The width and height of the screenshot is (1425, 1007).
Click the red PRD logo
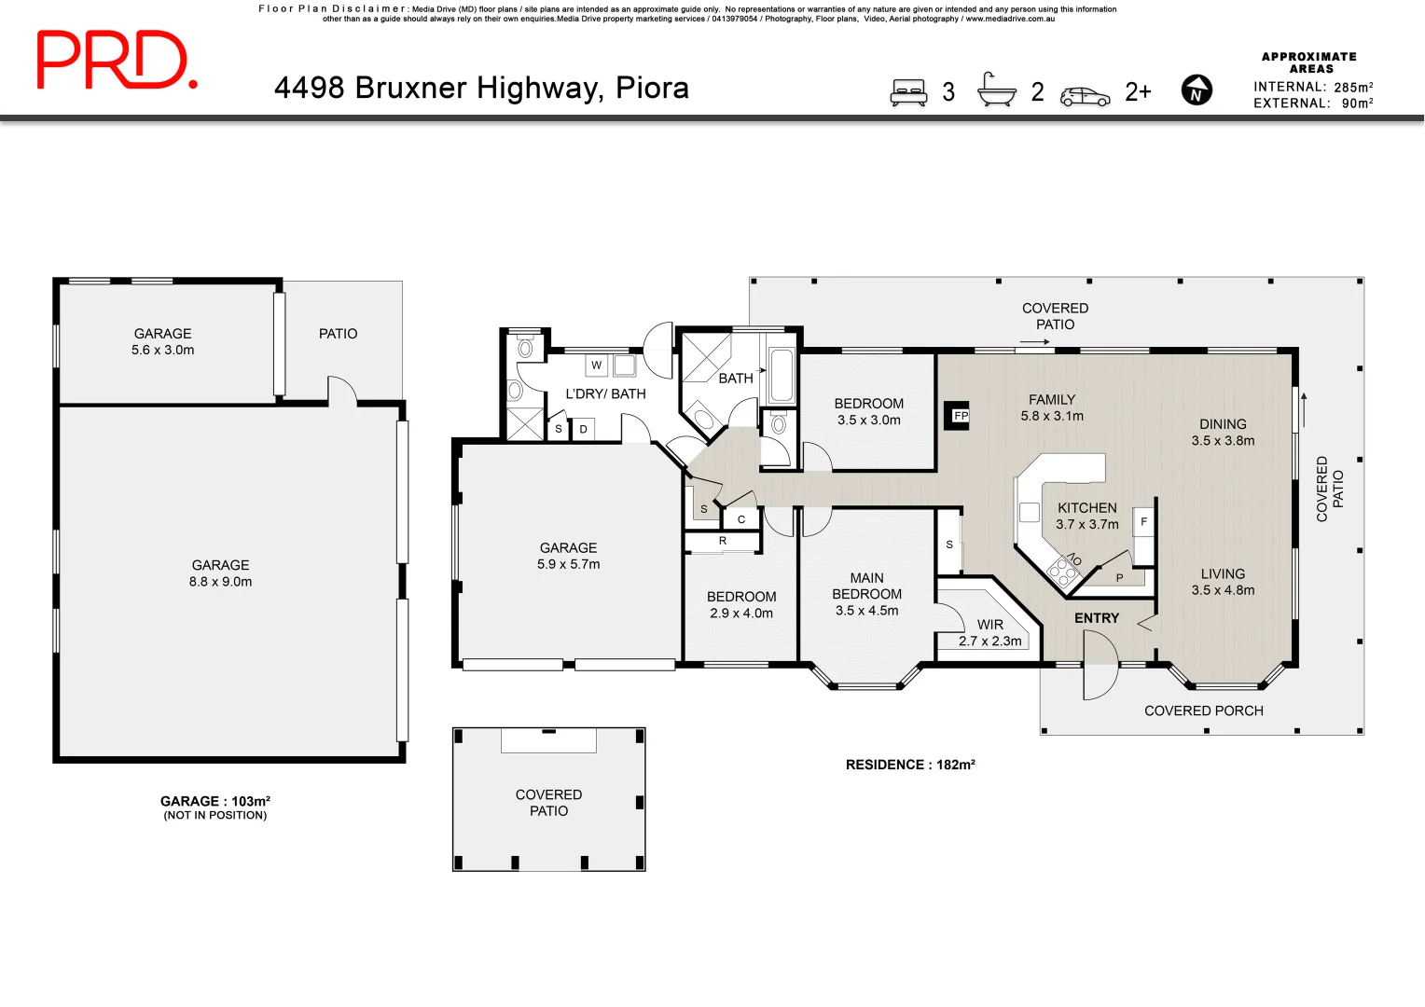pos(116,60)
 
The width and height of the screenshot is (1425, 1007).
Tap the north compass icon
pos(1197,90)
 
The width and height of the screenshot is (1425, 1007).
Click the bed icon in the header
pos(908,92)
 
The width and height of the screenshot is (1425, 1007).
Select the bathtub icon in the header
pos(996,90)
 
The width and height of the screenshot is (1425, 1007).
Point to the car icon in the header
pos(1085,96)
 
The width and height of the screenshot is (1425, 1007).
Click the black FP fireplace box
pos(959,416)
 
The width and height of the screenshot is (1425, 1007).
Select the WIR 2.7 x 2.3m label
pos(989,633)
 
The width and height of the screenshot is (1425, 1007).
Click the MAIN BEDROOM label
pos(866,594)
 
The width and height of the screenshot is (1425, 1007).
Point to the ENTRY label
pos(1096,618)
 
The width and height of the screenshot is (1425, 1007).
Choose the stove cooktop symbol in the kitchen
pos(1061,569)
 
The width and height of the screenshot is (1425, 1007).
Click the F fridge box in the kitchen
pos(1143,522)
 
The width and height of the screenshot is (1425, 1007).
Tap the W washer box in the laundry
pos(596,366)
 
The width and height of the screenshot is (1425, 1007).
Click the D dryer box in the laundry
pos(583,430)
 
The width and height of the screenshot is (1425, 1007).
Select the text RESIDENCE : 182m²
pos(909,765)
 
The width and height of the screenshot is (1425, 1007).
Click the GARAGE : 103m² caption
pos(214,801)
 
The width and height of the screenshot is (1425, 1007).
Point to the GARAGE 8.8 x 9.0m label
pos(220,573)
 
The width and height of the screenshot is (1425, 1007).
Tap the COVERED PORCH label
pos(1203,710)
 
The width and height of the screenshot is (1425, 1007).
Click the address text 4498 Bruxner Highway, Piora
pos(481,88)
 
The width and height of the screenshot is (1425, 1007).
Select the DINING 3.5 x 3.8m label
pos(1222,433)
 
